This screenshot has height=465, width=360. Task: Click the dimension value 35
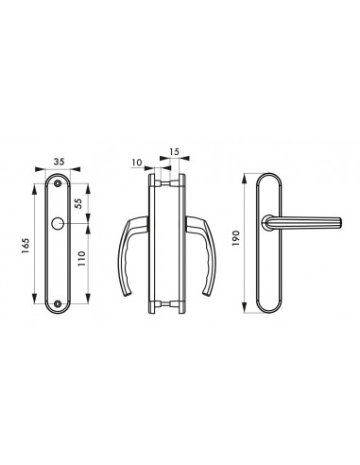tap(59, 162)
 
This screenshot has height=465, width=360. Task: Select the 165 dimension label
tap(26, 246)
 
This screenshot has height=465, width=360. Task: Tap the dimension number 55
tap(78, 203)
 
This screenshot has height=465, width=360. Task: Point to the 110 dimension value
tap(81, 259)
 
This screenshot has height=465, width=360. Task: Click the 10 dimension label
tap(137, 163)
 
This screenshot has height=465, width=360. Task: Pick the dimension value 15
tap(174, 151)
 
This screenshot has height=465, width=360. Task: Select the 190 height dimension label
tap(236, 238)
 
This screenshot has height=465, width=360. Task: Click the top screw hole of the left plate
tap(58, 183)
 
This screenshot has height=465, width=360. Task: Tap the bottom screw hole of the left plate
tap(58, 303)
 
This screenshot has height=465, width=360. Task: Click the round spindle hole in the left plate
tap(57, 223)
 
